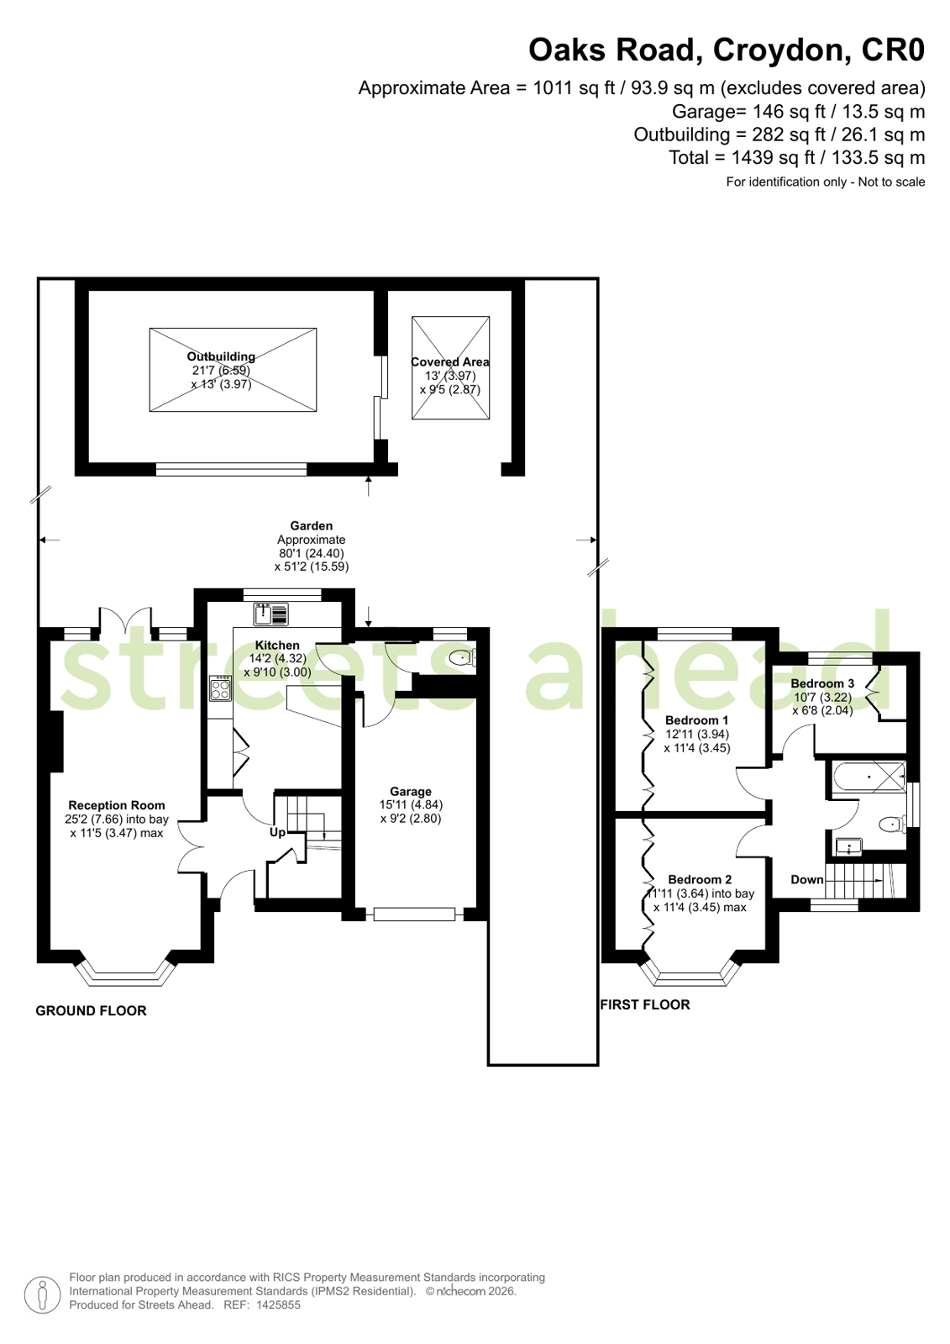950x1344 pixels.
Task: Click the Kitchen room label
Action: pyautogui.click(x=277, y=645)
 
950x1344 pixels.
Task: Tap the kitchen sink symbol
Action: pyautogui.click(x=270, y=614)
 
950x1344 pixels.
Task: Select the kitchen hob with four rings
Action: pyautogui.click(x=220, y=688)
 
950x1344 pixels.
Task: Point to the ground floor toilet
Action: pyautogui.click(x=463, y=658)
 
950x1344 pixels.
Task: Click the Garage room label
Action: pyautogui.click(x=410, y=792)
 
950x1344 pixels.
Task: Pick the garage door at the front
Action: pyautogui.click(x=414, y=914)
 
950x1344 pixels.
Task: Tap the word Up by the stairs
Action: pyautogui.click(x=277, y=833)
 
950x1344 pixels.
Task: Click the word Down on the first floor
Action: pyautogui.click(x=806, y=879)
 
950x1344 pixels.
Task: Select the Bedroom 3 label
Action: pyautogui.click(x=822, y=683)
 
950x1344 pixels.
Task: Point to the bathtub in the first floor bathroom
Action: pyautogui.click(x=869, y=777)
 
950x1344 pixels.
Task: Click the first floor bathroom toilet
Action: pyautogui.click(x=893, y=825)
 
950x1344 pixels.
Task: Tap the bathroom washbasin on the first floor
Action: pyautogui.click(x=848, y=846)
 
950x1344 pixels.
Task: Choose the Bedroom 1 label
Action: pyautogui.click(x=697, y=720)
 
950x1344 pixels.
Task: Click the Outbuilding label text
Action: pyautogui.click(x=221, y=356)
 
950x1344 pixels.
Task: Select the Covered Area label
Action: pyautogui.click(x=450, y=361)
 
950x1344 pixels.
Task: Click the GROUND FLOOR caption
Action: pyautogui.click(x=92, y=1011)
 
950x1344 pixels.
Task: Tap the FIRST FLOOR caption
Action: pyautogui.click(x=645, y=1005)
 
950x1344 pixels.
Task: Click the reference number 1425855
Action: pyautogui.click(x=278, y=1305)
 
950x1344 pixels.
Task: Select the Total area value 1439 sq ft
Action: pyautogui.click(x=774, y=158)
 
